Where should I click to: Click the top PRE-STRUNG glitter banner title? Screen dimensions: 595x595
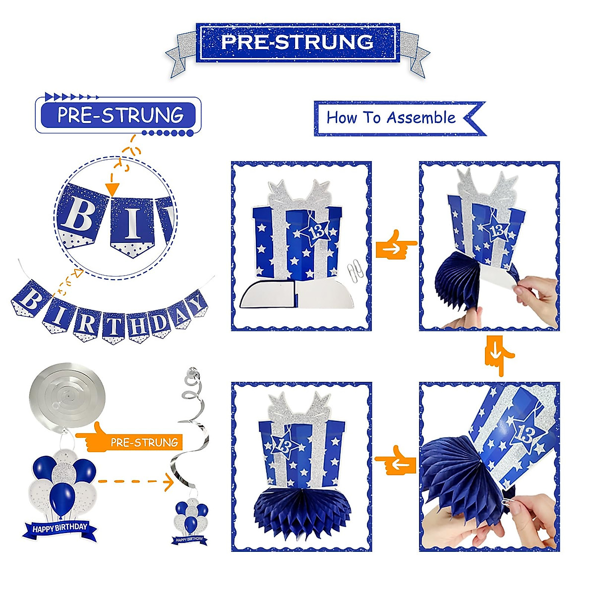[x=297, y=42]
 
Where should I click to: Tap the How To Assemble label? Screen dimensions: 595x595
[x=391, y=118]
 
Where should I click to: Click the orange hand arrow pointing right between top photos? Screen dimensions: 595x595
[x=395, y=244]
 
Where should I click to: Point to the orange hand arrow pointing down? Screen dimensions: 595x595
[x=498, y=355]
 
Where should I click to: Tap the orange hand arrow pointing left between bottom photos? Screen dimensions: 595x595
[x=395, y=459]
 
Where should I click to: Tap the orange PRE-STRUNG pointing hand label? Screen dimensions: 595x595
[x=134, y=441]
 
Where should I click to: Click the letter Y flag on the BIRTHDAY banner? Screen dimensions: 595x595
[x=197, y=303]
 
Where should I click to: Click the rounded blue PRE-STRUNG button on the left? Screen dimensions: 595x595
[x=119, y=115]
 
